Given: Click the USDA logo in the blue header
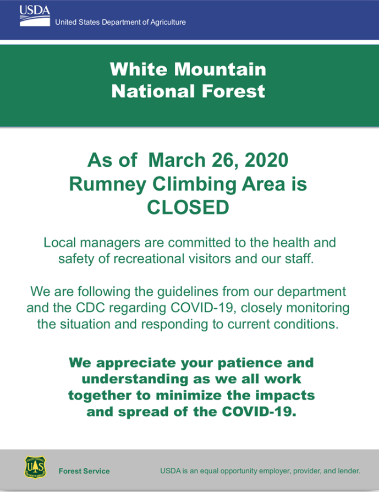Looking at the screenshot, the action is pos(35,16).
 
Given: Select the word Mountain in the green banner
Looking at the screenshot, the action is pos(220,69).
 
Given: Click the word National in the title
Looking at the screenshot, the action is pos(153,91).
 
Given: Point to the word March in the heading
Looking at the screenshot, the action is pos(177,160).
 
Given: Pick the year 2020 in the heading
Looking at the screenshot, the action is pos(266,160).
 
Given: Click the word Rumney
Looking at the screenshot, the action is pos(108,184).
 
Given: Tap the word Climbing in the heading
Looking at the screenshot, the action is pos(195,184).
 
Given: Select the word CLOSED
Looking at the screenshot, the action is pos(188,207).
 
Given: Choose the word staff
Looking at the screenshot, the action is pos(299,259).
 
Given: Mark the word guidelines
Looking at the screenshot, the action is pos(188,292).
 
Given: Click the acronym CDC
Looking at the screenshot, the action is pos(90,308).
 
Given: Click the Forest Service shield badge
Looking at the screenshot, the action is pos(35,468).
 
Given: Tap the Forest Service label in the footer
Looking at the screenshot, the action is pos(84,471).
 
